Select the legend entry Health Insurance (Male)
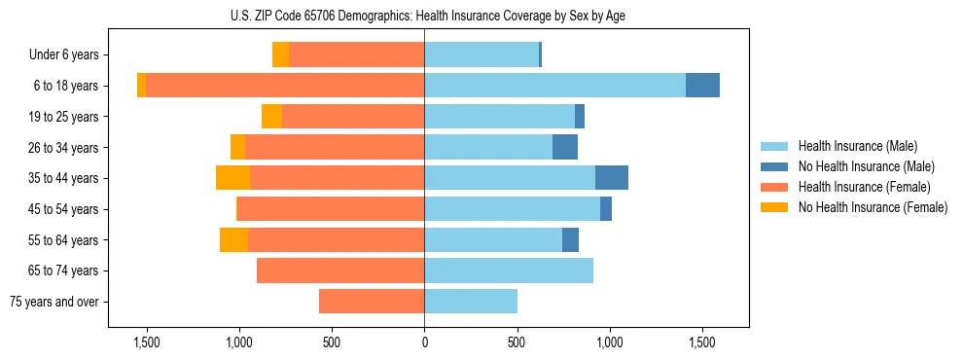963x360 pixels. tap(857, 146)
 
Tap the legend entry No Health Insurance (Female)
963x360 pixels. tap(873, 207)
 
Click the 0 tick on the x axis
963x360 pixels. tap(424, 342)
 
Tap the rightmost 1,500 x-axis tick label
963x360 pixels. tap(701, 342)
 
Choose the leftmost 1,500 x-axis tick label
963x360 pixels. tap(146, 342)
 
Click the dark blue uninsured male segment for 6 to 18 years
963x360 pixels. tap(702, 86)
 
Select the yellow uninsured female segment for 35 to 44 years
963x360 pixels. tap(232, 178)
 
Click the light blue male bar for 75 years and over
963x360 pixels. tap(471, 302)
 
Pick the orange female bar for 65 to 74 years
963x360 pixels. tap(340, 270)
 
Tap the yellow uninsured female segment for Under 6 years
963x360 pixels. tap(280, 55)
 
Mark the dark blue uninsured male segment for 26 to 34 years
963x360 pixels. tap(565, 148)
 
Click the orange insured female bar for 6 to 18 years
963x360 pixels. tap(285, 86)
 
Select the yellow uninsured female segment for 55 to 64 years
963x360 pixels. tap(233, 240)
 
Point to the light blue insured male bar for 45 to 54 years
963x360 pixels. tap(512, 209)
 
